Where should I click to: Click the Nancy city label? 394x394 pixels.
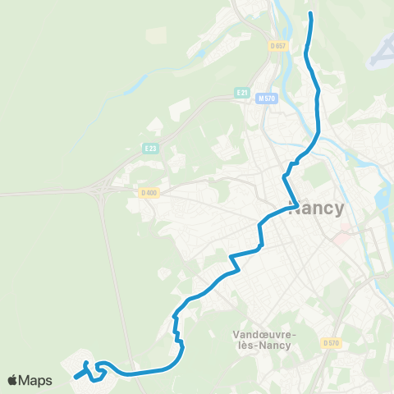pyautogui.click(x=317, y=208)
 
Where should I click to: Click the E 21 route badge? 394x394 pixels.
pyautogui.click(x=241, y=93)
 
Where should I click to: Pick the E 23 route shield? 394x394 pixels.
pyautogui.click(x=149, y=149)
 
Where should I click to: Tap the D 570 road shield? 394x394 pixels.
pyautogui.click(x=331, y=342)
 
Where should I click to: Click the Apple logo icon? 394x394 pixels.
pyautogui.click(x=13, y=380)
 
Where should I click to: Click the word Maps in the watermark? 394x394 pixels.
pyautogui.click(x=36, y=380)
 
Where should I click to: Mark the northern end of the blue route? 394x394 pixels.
pyautogui.click(x=311, y=14)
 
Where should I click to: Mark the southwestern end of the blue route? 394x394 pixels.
pyautogui.click(x=76, y=378)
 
